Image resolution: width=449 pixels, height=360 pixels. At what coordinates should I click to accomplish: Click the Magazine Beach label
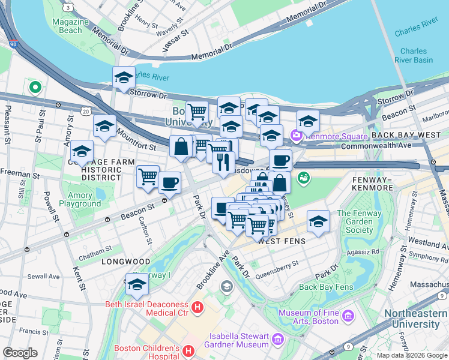click(66, 26)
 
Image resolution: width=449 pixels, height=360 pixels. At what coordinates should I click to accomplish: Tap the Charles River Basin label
click(414, 55)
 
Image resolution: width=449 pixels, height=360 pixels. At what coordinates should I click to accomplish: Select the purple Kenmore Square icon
click(295, 136)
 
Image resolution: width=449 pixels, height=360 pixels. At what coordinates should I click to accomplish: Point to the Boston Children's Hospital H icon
click(188, 350)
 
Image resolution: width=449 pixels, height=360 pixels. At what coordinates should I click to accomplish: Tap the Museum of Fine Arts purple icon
click(348, 315)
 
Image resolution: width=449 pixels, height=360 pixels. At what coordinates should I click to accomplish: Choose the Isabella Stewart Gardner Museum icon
click(277, 340)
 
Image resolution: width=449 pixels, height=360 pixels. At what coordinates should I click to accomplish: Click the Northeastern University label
click(412, 319)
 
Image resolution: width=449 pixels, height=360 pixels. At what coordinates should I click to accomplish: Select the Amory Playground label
click(76, 199)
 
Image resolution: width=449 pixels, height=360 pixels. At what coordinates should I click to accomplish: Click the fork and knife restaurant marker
click(223, 162)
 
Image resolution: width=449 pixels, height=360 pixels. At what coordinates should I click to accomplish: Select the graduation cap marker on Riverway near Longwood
click(137, 284)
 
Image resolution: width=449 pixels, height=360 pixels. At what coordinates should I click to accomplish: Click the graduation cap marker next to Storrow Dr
click(124, 77)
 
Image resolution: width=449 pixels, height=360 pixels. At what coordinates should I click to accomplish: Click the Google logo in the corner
click(20, 352)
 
